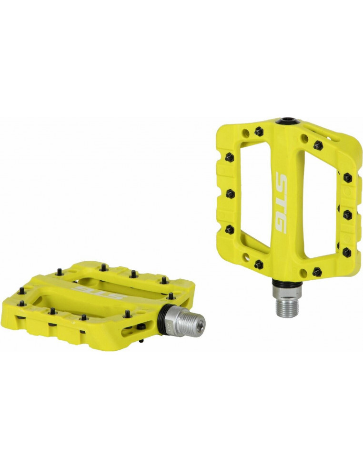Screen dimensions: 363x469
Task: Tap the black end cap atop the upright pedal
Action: click(288, 122)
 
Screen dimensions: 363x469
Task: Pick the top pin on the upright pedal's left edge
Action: click(229, 156)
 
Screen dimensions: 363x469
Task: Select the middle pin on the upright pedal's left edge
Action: click(230, 194)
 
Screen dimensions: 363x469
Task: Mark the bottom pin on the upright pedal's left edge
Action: click(230, 230)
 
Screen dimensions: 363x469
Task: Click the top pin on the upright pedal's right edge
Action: click(347, 178)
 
